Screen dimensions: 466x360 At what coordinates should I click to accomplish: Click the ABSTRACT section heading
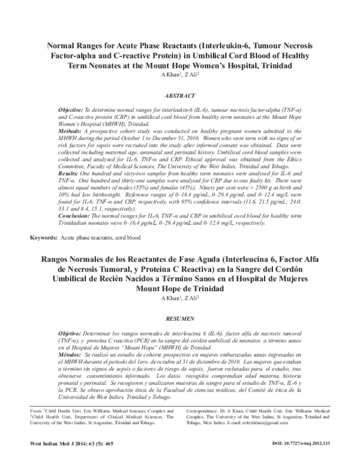pyautogui.click(x=180, y=96)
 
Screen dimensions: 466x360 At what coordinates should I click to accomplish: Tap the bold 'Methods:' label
pyautogui.click(x=71, y=130)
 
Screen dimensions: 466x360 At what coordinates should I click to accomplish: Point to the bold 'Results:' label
pyautogui.click(x=70, y=172)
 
